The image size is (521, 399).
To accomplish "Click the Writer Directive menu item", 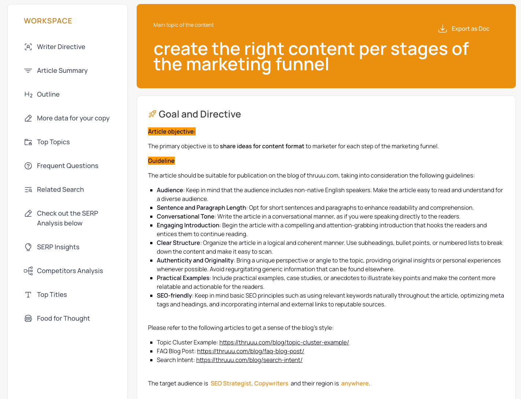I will coord(61,47).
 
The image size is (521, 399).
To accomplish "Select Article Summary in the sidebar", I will coord(62,71).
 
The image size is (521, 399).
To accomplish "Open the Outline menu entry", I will coord(48,94).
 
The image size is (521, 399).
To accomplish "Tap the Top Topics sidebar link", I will coord(53,142).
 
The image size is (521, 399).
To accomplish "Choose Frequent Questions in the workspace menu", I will coord(67,166).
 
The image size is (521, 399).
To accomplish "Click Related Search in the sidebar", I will coord(60,190).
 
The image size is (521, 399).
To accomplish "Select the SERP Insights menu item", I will coord(58,247).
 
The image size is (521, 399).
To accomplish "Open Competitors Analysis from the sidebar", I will coord(70,271).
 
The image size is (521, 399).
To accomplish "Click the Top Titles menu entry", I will coord(52,295).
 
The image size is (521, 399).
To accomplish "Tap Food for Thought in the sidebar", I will coord(63,318).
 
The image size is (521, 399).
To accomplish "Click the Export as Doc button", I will coord(464,29).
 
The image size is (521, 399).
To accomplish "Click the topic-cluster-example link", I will coord(284,343).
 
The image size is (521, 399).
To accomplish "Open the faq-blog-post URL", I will coord(251,351).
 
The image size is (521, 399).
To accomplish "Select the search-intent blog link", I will coord(249,360).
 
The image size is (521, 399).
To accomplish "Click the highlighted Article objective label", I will coord(171,132).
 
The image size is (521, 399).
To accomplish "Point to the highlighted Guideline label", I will coord(161,161).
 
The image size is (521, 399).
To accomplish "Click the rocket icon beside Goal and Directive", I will coord(152,114).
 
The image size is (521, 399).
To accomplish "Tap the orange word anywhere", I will coord(355,384).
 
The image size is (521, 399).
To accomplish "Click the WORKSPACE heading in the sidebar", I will coord(48,21).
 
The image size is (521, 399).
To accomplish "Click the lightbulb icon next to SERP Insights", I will coord(28,247).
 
